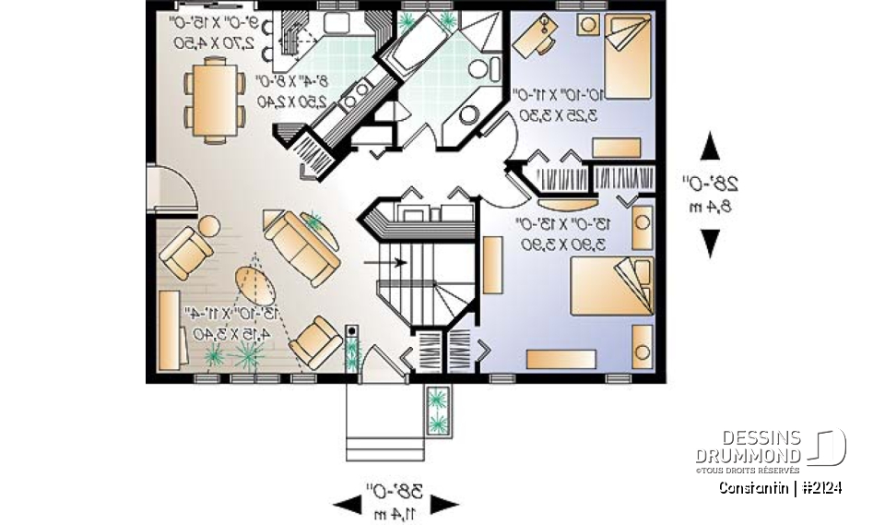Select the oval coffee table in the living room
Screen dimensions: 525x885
254,285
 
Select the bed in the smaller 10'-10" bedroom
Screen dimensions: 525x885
627,51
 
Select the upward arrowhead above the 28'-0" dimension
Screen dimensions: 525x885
710,148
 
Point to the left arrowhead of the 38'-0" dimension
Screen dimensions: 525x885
347,504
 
